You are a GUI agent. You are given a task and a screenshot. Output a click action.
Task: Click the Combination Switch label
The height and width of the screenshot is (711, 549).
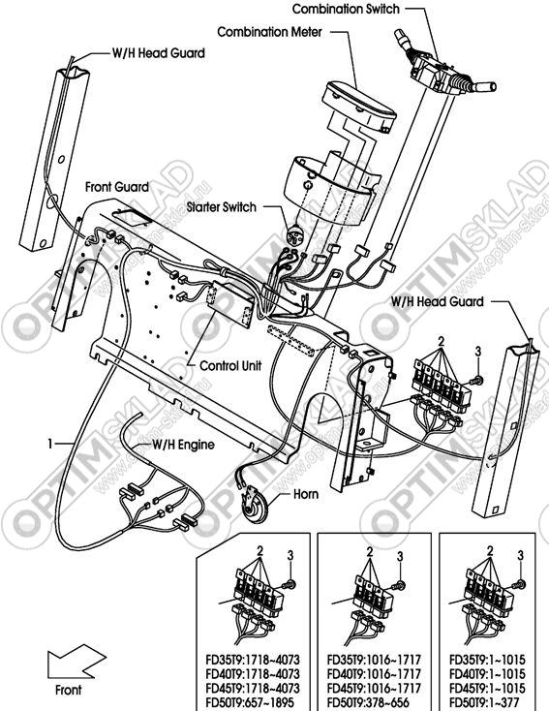tap(346, 9)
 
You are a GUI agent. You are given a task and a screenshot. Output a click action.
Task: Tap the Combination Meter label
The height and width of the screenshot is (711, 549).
tap(270, 32)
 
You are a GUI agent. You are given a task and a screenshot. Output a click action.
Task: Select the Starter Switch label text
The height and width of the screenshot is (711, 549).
tap(222, 207)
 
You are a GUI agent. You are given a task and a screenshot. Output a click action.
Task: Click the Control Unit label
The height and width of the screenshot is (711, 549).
tap(230, 365)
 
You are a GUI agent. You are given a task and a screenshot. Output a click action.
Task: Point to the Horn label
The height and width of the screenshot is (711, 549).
tap(306, 494)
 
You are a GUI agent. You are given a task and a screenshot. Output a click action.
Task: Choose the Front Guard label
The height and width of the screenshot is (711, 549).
tap(117, 186)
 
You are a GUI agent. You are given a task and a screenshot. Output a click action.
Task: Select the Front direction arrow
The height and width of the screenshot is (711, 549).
tap(76, 662)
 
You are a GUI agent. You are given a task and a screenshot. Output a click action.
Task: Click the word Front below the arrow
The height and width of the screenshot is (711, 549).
tap(68, 690)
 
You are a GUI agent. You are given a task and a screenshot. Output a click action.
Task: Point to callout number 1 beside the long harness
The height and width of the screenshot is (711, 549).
tap(50, 443)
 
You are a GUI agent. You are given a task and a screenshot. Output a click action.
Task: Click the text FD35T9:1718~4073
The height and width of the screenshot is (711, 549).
tap(253, 660)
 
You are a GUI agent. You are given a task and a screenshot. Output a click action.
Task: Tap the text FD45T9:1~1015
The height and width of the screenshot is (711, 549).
tap(487, 688)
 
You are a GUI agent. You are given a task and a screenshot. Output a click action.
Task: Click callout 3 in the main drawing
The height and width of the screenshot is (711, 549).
tap(477, 351)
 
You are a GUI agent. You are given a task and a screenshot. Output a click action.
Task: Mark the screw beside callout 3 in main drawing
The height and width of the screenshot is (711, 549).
tap(476, 381)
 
